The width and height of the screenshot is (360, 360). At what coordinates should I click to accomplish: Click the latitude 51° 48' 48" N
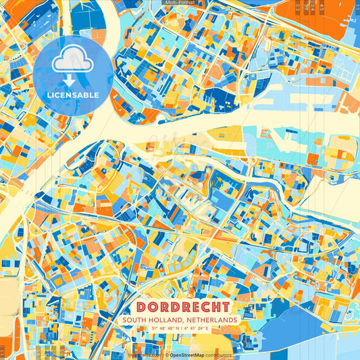[159, 328]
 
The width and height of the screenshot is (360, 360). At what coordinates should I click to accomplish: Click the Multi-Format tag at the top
[180, 3]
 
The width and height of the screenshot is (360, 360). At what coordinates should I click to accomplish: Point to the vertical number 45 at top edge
[322, 8]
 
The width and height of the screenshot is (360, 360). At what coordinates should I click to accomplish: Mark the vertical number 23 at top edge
[299, 8]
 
